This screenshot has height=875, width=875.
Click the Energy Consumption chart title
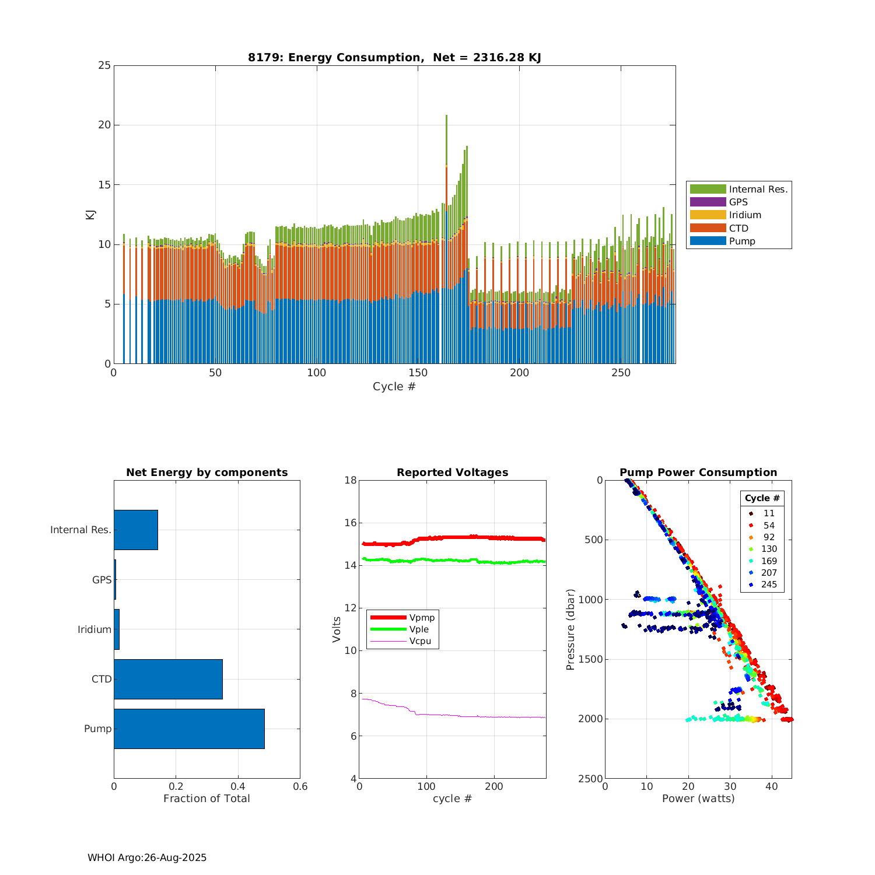[x=394, y=57]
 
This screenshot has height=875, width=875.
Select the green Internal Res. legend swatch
[x=708, y=189]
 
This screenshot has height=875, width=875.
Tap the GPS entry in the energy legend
[x=738, y=202]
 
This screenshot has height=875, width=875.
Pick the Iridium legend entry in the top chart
[x=744, y=215]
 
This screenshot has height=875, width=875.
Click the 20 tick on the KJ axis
[x=105, y=125]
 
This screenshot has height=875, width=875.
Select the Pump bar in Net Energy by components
[x=189, y=729]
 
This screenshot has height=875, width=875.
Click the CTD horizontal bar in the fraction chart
[x=168, y=679]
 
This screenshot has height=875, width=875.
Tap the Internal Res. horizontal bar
[x=136, y=530]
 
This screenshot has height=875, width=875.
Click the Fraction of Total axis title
[x=206, y=799]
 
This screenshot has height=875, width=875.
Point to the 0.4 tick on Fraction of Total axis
[x=238, y=786]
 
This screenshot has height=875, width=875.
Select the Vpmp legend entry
[x=421, y=618]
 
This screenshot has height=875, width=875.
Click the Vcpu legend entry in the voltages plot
[x=419, y=641]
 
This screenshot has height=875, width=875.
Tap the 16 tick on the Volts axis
[x=350, y=523]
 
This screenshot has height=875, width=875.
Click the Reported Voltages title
[x=452, y=473]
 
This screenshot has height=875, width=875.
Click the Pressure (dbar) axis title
[x=570, y=629]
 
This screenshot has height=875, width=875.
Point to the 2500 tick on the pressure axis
[x=591, y=778]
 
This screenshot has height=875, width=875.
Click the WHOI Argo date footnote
[x=147, y=857]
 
